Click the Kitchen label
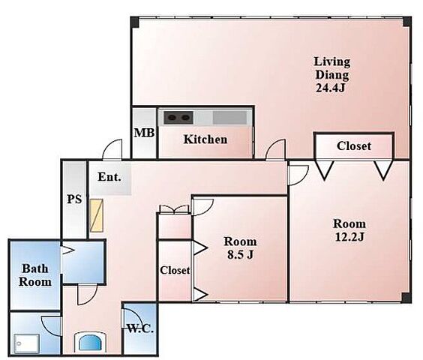point(205,139)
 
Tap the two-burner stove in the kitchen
point(178,118)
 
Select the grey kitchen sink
point(229,118)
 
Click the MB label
point(144,133)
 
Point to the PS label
point(74,199)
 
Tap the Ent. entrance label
point(109,177)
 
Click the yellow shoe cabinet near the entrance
point(96,215)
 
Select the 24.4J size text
point(330,88)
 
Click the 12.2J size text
point(349,237)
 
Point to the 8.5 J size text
point(240,254)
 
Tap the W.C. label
point(140,328)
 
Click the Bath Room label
point(35,275)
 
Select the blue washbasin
point(90,343)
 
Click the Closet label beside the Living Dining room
point(354,146)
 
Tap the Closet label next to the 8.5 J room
point(175,270)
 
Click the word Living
point(332,62)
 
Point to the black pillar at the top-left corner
point(134,22)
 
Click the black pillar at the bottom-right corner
point(406,298)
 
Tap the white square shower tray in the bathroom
point(27,343)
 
